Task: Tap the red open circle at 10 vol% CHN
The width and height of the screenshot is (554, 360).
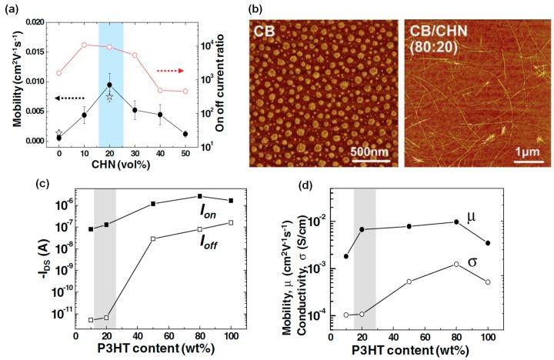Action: pyautogui.click(x=85, y=45)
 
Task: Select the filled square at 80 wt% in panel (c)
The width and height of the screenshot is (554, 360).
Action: pyautogui.click(x=199, y=197)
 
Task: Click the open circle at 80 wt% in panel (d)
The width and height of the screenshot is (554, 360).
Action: pyautogui.click(x=457, y=264)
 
